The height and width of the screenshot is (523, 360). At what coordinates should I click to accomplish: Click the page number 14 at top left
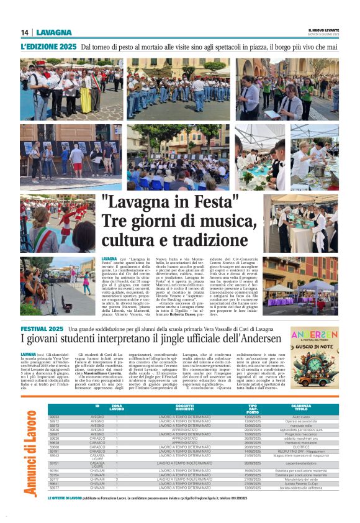pyautogui.click(x=25, y=32)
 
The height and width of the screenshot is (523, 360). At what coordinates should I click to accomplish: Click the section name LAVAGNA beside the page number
pyautogui.click(x=54, y=32)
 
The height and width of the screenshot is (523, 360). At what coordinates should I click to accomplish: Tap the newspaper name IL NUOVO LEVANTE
pyautogui.click(x=323, y=30)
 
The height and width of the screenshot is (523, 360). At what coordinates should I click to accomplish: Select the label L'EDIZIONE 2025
pyautogui.click(x=48, y=47)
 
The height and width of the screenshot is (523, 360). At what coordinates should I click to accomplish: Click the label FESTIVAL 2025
pyautogui.click(x=42, y=328)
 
